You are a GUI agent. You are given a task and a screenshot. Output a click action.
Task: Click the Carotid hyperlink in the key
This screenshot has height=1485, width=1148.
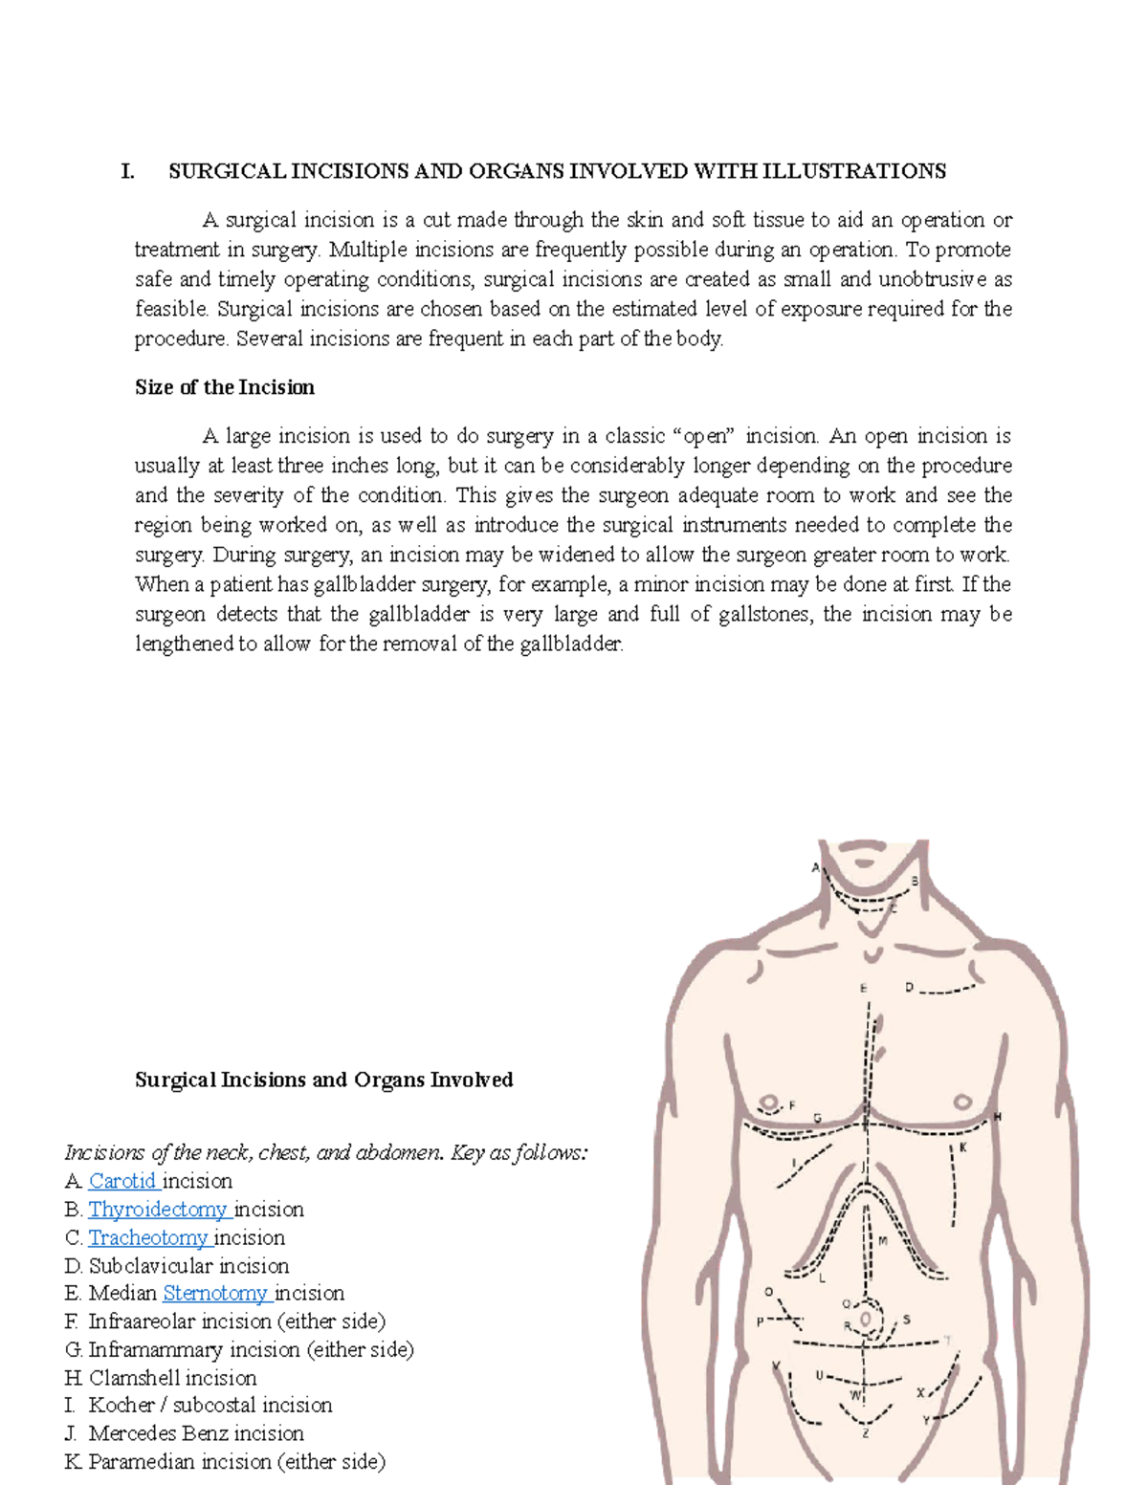coord(122,1181)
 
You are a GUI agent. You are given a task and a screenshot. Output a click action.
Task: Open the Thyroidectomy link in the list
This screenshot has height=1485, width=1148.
coord(158,1210)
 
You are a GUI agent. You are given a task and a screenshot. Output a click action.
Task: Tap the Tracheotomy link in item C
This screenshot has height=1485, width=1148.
coord(148,1237)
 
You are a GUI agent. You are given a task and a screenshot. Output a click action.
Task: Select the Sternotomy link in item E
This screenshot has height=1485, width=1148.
coord(215,1294)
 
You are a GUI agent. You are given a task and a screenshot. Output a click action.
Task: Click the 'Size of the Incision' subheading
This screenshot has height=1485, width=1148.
coord(225,387)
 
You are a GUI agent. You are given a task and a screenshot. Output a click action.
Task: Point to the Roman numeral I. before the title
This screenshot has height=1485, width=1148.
coord(126,171)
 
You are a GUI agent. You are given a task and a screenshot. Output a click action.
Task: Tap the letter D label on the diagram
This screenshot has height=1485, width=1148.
coord(909,988)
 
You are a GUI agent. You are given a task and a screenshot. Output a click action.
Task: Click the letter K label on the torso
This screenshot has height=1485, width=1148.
coord(963,1147)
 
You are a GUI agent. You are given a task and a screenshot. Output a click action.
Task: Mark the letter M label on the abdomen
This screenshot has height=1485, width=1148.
coord(883,1240)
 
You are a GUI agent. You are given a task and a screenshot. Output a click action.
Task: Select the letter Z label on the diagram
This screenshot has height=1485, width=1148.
coord(866,1433)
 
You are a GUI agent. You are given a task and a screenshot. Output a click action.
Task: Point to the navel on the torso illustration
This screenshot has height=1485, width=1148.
coord(867,1321)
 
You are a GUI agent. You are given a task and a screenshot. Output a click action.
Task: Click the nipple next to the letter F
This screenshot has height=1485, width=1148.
coord(767,1102)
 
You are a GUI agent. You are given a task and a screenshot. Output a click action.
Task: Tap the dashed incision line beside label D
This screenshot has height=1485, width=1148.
coord(947,990)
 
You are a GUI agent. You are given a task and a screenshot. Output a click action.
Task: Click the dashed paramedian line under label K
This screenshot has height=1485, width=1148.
coord(954,1186)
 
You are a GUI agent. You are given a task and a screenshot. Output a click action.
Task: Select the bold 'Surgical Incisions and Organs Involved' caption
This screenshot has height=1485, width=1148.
coord(323,1080)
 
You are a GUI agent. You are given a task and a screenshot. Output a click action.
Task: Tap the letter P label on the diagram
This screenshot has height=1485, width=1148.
coord(761,1322)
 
